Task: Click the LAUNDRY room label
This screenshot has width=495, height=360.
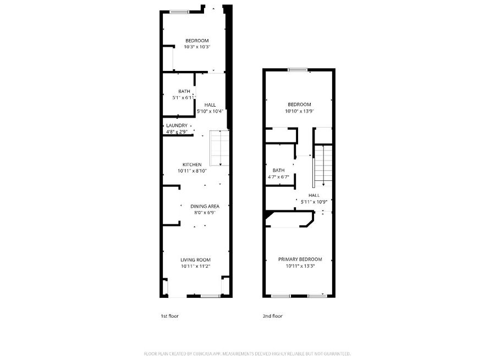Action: [x=177, y=125]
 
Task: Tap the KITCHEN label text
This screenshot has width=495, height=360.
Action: [x=192, y=165]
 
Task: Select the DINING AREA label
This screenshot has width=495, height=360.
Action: [x=205, y=206]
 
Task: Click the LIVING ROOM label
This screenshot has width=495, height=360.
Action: [x=195, y=260]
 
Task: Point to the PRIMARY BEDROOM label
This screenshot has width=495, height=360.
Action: [x=300, y=259]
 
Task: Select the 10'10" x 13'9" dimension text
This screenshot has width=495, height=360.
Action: [x=299, y=111]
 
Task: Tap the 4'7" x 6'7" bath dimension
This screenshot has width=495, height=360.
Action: [x=278, y=177]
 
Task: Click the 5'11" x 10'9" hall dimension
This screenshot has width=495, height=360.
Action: [x=314, y=202]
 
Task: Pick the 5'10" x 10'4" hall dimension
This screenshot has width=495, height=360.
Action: [x=210, y=112]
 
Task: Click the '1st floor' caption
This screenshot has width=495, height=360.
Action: [x=169, y=316]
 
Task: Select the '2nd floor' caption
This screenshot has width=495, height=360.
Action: [x=272, y=316]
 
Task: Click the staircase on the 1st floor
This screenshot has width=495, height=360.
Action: [x=219, y=148]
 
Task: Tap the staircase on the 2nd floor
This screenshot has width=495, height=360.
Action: [x=323, y=165]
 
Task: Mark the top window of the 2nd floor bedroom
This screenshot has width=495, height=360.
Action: [x=298, y=70]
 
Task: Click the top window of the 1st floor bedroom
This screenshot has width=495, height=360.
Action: [x=179, y=12]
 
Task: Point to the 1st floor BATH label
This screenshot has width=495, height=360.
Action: [x=184, y=91]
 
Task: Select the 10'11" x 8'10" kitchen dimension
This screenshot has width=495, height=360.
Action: [x=192, y=171]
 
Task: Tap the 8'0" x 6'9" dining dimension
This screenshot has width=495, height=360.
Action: [x=205, y=213]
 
